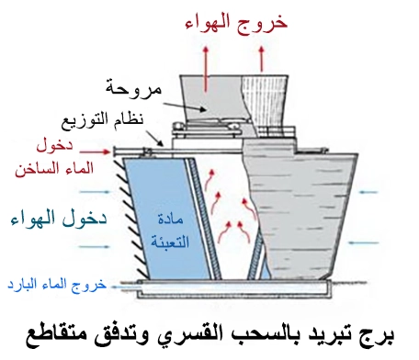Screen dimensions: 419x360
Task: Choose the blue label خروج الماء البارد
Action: coord(55,285)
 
